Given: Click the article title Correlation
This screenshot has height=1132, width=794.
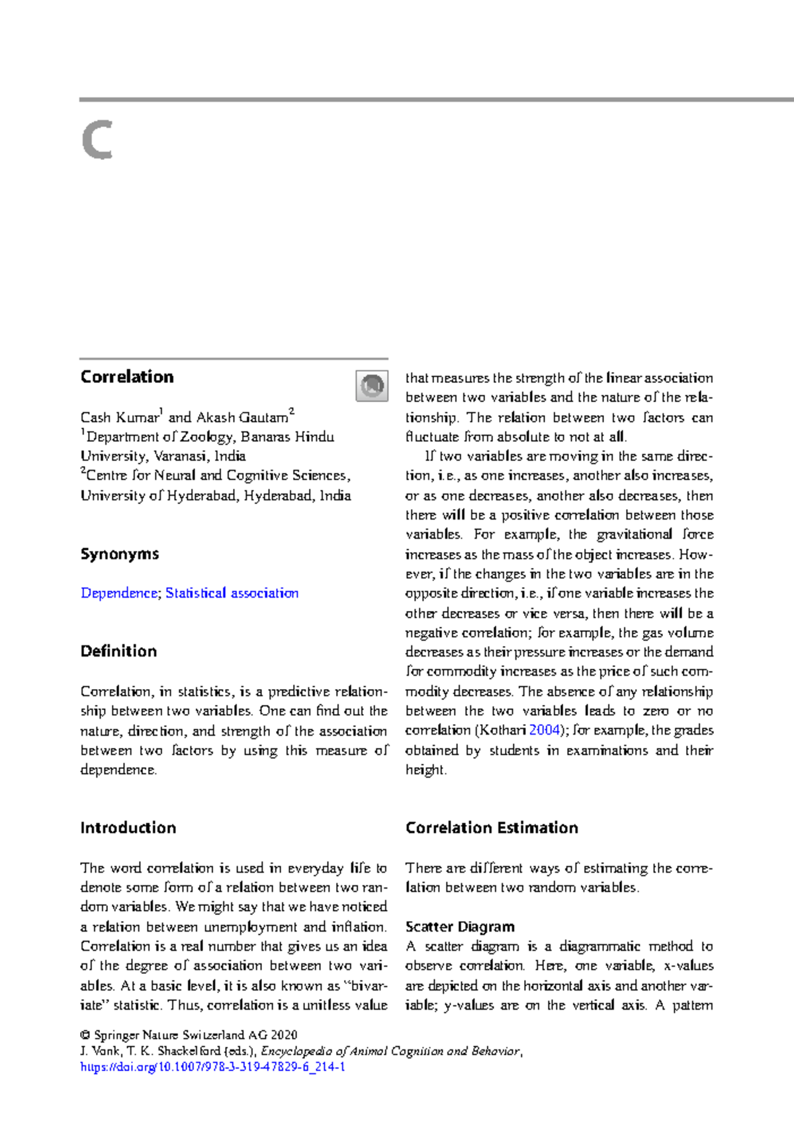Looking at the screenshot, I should (x=127, y=377).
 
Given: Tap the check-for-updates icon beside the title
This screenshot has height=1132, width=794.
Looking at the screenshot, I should (x=372, y=385).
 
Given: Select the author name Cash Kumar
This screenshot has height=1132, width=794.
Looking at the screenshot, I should (x=119, y=417).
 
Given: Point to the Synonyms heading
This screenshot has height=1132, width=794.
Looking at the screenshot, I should (x=120, y=554).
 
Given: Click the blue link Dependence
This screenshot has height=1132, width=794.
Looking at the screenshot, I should (x=119, y=593).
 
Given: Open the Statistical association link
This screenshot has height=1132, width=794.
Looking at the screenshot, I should (x=232, y=593).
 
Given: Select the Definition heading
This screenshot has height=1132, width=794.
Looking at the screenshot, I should (x=118, y=651).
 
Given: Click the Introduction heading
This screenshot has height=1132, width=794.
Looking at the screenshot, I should (x=128, y=828).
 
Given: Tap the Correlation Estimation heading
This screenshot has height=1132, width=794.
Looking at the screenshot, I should (x=492, y=828).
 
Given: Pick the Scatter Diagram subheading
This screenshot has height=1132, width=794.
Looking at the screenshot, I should (x=460, y=926).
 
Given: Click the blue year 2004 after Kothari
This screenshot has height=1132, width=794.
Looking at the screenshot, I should (x=545, y=730).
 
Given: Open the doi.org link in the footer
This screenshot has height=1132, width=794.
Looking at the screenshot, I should (x=212, y=1067).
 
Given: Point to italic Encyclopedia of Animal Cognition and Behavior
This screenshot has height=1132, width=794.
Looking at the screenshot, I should (x=390, y=1051).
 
